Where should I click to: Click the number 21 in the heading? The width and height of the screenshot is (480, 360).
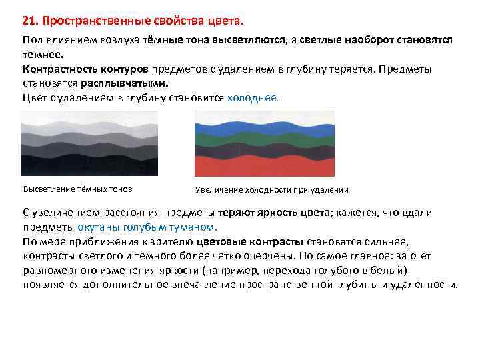click(x=29, y=17)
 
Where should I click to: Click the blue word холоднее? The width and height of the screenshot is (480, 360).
click(x=255, y=97)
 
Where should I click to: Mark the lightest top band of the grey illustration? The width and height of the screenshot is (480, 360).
click(x=89, y=119)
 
